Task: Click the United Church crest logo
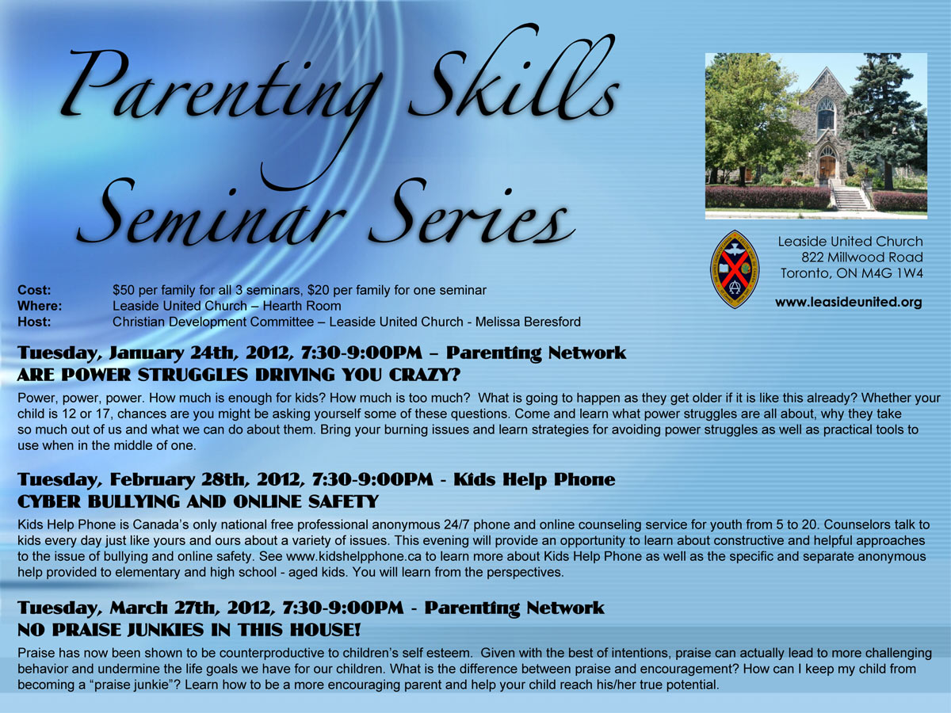pos(735,269)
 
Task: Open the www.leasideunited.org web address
pos(848,302)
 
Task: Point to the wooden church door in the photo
pos(827,166)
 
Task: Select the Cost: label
pos(34,290)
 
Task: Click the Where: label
pos(40,306)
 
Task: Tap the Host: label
pos(34,322)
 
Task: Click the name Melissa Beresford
pos(528,322)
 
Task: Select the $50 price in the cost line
pos(122,290)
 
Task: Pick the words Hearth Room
pos(302,306)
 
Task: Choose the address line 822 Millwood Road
pos(862,257)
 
